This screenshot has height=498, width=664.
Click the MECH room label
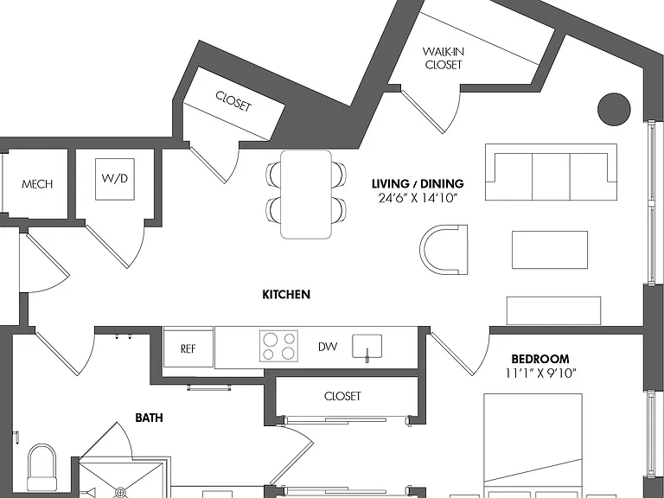pos(37,184)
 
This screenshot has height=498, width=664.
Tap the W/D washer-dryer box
pos(115,179)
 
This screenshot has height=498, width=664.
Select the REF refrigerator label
pos(188,348)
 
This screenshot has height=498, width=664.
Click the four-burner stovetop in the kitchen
pos(278,346)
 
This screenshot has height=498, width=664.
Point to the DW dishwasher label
pos(328,347)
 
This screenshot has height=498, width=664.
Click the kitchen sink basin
pos(367,346)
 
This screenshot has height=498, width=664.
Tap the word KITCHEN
pos(286,294)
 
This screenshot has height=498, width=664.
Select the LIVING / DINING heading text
pos(418,184)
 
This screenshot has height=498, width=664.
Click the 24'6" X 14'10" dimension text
pos(418,198)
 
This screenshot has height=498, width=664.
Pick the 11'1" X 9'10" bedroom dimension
pos(540,373)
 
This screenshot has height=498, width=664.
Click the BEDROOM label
pos(540,359)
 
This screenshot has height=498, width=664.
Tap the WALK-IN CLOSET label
pos(444,59)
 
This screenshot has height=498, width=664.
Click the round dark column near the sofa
pos(614,109)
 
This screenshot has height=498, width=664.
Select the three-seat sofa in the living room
pos(551,172)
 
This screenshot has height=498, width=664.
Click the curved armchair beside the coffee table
pos(444,250)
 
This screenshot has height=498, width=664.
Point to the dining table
pos(306,195)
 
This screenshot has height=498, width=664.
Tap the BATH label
pos(149,418)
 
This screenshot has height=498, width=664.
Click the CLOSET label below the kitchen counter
pos(342,396)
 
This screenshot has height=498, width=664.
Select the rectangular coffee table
pos(550,250)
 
